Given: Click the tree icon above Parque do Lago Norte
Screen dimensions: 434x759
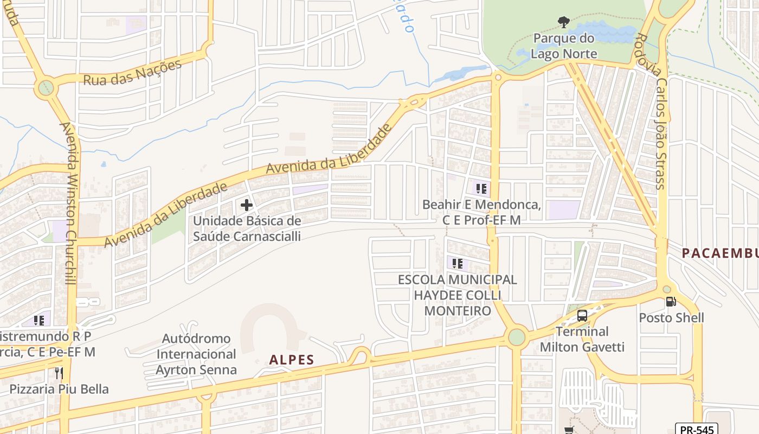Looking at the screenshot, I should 564,22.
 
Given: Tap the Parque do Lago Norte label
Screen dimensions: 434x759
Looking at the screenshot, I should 564,46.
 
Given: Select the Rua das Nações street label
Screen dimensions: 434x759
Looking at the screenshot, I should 132,73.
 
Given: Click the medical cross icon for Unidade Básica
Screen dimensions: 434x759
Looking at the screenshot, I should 247,205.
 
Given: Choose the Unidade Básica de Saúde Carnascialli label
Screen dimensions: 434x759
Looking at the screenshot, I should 247,228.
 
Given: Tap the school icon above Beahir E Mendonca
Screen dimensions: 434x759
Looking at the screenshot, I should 481,189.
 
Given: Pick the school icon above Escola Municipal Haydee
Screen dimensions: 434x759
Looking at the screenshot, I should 458,264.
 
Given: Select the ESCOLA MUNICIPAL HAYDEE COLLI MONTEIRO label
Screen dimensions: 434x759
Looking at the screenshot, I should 458,295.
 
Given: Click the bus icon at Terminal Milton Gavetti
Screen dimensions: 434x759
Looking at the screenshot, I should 582,316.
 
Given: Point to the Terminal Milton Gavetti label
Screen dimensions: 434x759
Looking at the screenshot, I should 582,339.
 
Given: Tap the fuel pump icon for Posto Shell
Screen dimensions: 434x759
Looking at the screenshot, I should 671,302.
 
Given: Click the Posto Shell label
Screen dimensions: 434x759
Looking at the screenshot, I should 671,318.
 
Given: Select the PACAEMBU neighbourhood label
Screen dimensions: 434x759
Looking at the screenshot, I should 720,253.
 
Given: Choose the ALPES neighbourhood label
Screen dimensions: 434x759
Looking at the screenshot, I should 292,360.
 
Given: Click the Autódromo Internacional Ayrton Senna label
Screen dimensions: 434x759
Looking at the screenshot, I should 196,354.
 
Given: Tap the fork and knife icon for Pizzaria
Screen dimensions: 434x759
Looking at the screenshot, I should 59,373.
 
